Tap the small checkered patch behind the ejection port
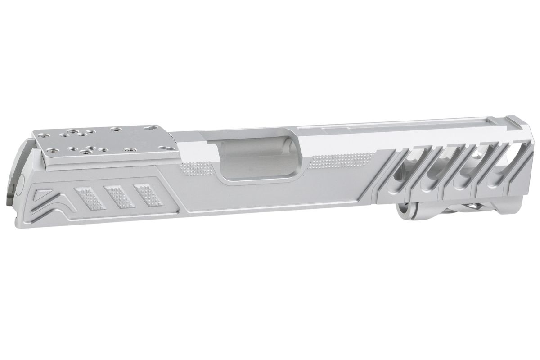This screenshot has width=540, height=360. [198, 169]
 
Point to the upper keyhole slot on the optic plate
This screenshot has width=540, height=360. [148, 129]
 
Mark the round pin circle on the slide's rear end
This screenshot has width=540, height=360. [21, 184]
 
